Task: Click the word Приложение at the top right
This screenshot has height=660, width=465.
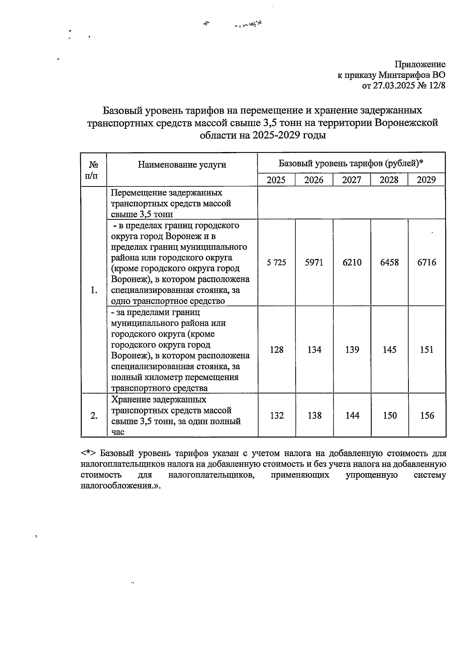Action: point(420,64)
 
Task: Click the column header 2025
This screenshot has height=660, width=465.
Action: point(276,180)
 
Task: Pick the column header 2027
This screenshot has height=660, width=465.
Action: point(352,180)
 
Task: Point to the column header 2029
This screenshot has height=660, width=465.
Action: point(426,180)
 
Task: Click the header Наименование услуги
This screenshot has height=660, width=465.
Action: point(182,165)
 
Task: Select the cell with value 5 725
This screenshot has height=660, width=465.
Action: point(276,263)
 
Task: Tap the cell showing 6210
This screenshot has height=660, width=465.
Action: point(352,263)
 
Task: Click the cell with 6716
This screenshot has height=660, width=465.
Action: point(427,263)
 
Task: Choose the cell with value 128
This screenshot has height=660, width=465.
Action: point(276,350)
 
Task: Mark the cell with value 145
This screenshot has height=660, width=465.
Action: point(389,350)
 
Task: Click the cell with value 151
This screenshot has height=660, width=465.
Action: point(427,350)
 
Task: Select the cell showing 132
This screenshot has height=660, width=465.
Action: point(277,415)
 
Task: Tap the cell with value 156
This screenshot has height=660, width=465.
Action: point(427,415)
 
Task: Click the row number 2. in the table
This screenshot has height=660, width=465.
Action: point(94,415)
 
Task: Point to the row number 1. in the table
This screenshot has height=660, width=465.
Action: point(94,290)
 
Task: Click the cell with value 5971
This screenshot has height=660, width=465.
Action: point(314,263)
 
